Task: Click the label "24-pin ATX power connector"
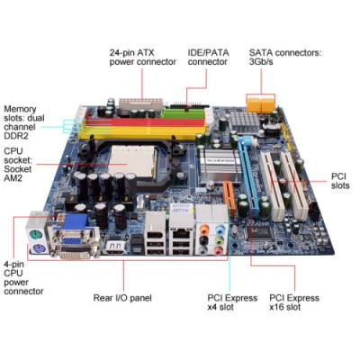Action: tap(142, 58)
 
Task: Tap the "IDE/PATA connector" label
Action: tap(208, 58)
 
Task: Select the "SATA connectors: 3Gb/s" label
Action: tap(285, 58)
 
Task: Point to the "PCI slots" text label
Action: tap(340, 181)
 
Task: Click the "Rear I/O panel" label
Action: tap(122, 298)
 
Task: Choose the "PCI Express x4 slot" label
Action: tap(232, 302)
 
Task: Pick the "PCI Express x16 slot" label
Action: tap(294, 302)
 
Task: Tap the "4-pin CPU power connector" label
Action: tap(23, 278)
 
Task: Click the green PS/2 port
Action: tap(36, 234)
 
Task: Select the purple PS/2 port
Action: tap(38, 248)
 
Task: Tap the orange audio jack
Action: tap(204, 229)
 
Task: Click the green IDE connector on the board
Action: tap(184, 113)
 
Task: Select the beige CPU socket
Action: tap(132, 161)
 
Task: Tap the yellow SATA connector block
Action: tap(261, 103)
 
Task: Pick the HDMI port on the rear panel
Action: tap(116, 247)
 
